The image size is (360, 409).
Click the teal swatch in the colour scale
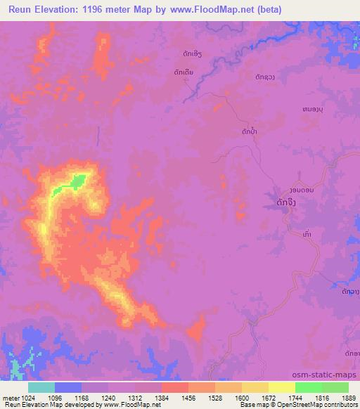[x=41, y=387]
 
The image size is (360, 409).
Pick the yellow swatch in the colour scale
[x=282, y=387]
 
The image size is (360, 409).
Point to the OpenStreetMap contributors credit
[x=318, y=405]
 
